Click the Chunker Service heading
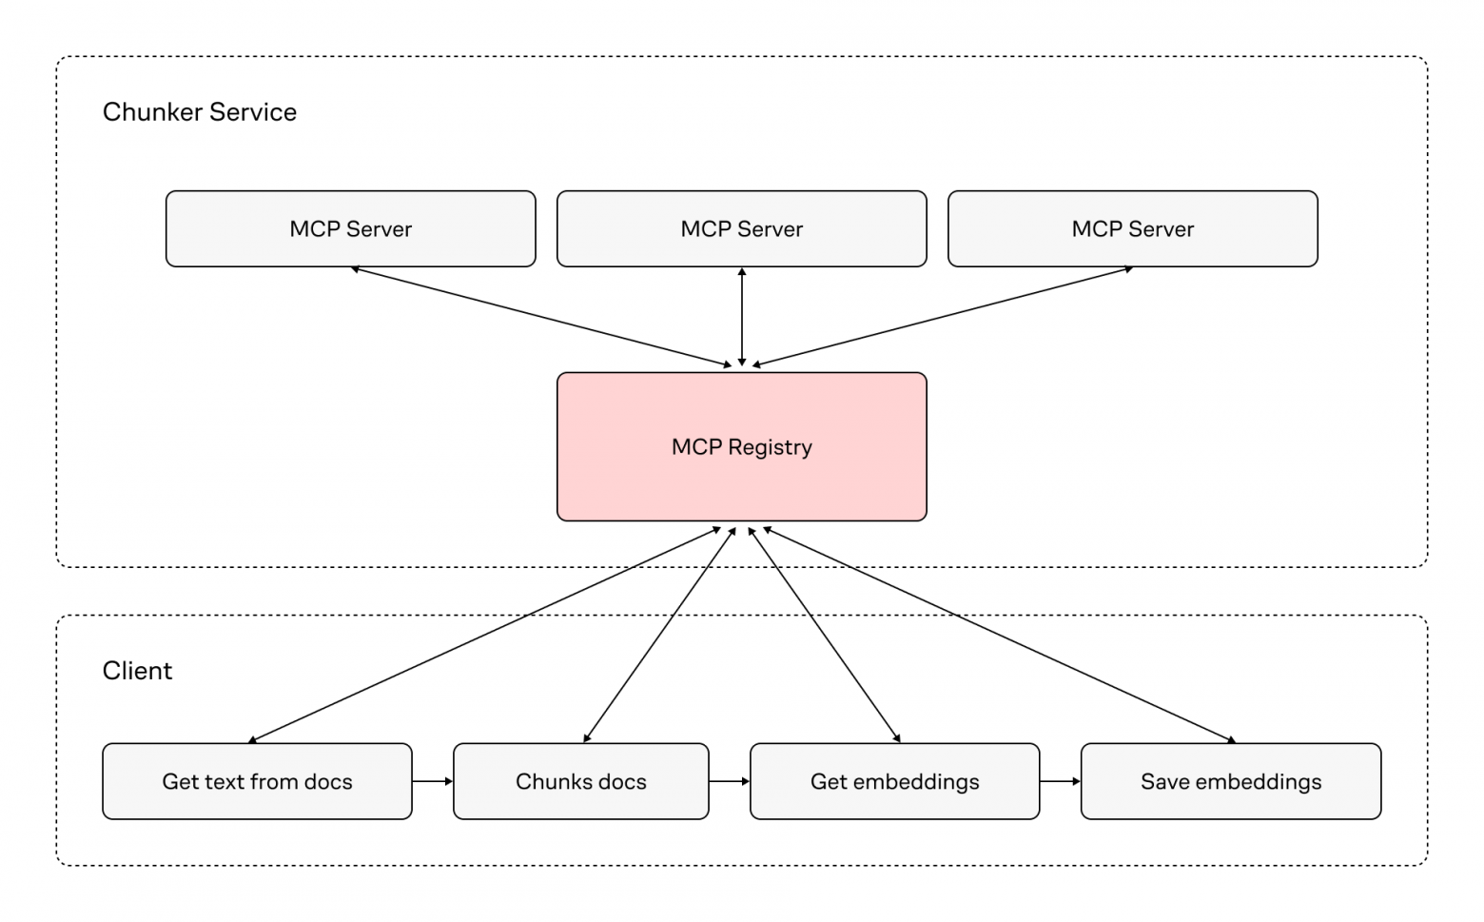[199, 112]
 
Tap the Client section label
[137, 671]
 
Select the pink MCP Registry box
[741, 446]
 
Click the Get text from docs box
[257, 781]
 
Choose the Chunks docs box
[580, 781]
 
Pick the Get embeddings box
[894, 781]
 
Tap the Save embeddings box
[1230, 781]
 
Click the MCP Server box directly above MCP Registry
[741, 228]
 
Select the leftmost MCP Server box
[350, 228]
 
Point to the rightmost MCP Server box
[1132, 228]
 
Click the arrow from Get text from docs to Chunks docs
[433, 781]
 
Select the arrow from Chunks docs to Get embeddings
[730, 781]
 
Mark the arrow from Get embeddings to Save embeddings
[1060, 781]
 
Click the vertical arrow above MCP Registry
[742, 317]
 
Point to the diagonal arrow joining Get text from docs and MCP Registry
[485, 635]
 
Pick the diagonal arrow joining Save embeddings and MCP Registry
[999, 635]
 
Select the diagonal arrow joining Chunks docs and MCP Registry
[659, 635]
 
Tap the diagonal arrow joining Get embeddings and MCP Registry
[824, 635]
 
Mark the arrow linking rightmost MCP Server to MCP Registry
[942, 317]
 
